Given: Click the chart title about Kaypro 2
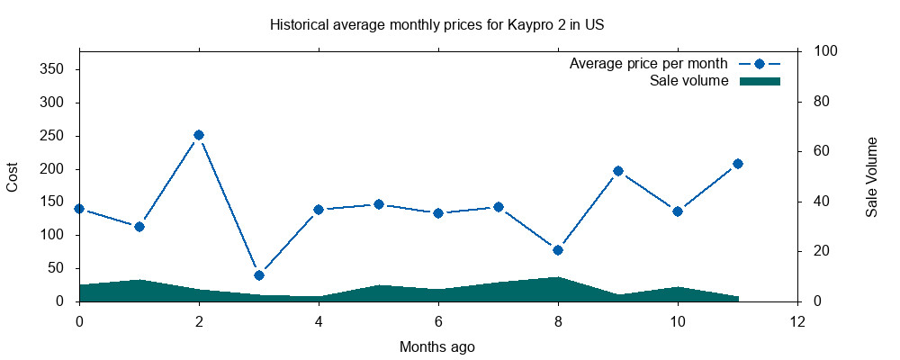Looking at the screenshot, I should (x=436, y=24).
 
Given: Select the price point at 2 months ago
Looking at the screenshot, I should (x=199, y=135).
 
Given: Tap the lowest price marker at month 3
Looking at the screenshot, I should (x=259, y=275).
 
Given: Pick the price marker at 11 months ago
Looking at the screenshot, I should (x=738, y=164).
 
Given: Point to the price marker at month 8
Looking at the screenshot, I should (x=558, y=250).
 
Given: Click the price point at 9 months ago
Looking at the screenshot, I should (x=618, y=171).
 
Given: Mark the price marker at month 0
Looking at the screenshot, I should (x=79, y=209).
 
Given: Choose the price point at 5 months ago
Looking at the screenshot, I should (x=379, y=204).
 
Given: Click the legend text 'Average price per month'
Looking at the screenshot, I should (x=648, y=64).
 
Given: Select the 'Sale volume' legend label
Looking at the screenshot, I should (x=688, y=81).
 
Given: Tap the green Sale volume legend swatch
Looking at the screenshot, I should (x=760, y=81).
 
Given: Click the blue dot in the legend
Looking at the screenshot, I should (x=760, y=64).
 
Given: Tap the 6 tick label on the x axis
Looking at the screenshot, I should (x=438, y=321).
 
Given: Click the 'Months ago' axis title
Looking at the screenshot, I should (x=437, y=346).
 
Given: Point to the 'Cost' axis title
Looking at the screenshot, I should (x=13, y=176).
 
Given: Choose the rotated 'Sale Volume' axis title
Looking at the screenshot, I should (x=871, y=177).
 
